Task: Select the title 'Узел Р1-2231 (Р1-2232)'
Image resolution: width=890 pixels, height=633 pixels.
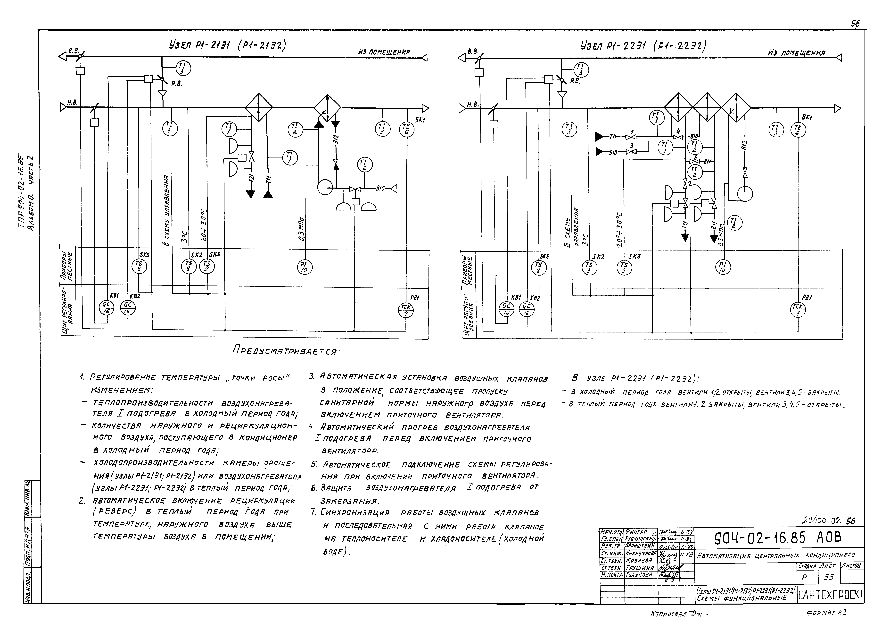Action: [643, 46]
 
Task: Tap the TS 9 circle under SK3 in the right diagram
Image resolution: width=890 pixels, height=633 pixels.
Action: [624, 267]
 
